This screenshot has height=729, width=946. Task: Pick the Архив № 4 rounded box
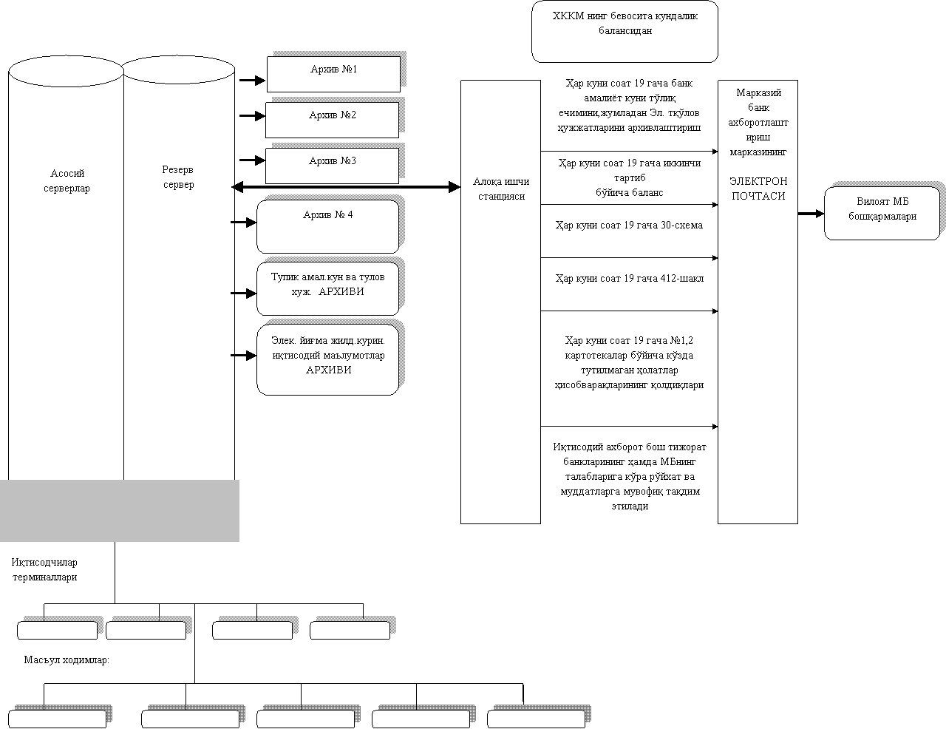tap(328, 226)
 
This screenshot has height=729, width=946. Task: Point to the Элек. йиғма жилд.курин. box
tap(328, 358)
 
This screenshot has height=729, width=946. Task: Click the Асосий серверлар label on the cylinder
tap(67, 181)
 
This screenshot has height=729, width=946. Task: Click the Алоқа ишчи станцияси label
tap(501, 189)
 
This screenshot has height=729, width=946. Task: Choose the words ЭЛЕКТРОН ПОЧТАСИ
tap(758, 189)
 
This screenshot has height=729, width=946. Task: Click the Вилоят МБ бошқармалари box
tap(882, 213)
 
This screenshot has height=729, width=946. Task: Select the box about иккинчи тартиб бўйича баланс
tap(629, 178)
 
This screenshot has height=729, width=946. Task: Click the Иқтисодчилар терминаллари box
tap(44, 572)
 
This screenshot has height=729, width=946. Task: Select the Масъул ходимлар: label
tap(67, 662)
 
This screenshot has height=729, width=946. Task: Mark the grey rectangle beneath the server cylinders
tap(120, 510)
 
